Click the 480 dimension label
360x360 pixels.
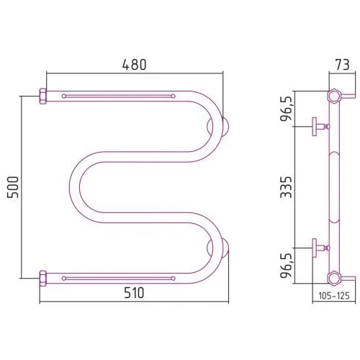coord(134,65)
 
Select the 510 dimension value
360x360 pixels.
coord(134,293)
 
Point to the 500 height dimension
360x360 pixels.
coord(13,187)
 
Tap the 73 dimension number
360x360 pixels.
coord(343,65)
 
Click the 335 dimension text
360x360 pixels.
coord(286,187)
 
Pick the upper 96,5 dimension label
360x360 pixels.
coord(286,109)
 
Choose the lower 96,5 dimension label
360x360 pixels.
coord(286,266)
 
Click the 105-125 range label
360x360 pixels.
coord(334,296)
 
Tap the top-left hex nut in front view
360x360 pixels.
coord(42,96)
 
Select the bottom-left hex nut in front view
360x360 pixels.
coord(42,279)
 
